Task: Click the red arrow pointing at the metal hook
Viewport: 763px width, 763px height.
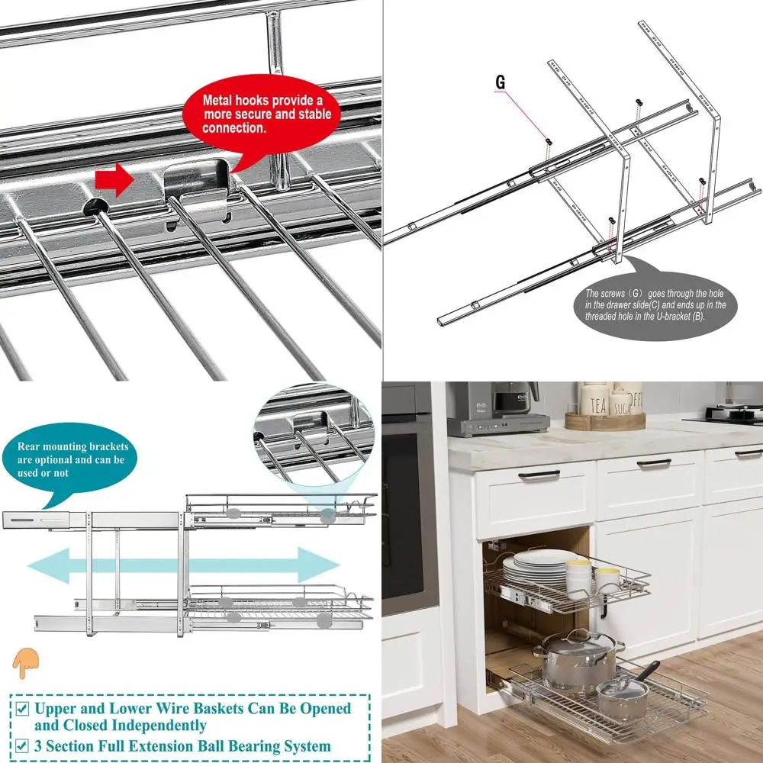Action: click(113, 179)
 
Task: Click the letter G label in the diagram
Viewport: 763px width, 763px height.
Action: click(501, 82)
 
